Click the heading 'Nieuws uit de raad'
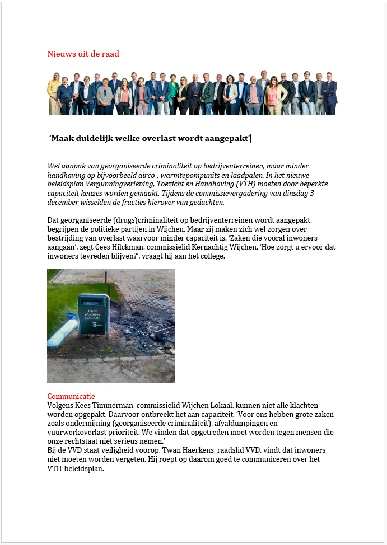coord(83,54)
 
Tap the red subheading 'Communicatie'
coord(71,397)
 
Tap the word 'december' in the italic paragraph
coord(65,202)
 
